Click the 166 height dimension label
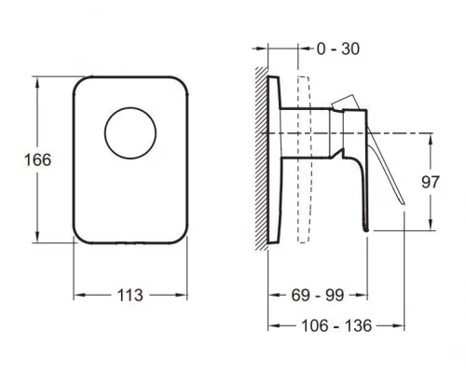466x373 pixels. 37,160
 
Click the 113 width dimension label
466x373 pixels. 130,295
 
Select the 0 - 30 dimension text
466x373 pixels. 338,48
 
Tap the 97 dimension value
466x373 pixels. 431,182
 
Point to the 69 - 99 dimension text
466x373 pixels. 318,295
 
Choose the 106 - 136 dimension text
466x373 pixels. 336,325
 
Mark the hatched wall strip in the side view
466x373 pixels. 262,159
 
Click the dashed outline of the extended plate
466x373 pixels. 304,159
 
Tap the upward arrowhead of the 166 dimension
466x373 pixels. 37,82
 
